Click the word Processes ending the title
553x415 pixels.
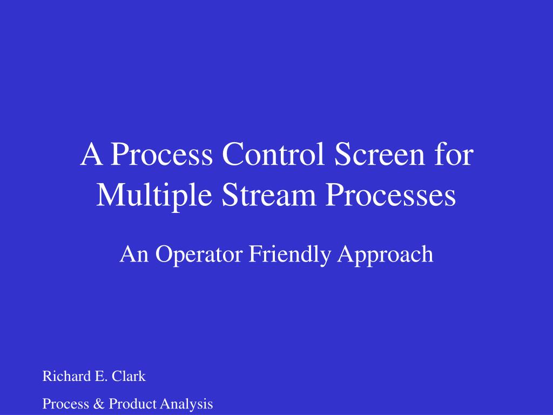coord(390,196)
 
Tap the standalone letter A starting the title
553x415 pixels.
coord(91,155)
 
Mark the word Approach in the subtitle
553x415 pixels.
coord(385,255)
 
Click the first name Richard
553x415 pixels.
coord(62,376)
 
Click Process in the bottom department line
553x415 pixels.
coord(62,404)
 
